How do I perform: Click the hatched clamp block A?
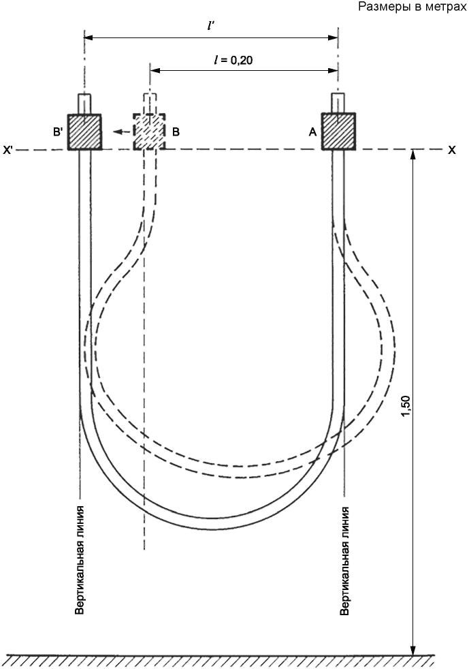click(x=338, y=132)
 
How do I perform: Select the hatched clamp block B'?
click(x=84, y=132)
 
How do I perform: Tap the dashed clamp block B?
click(x=149, y=132)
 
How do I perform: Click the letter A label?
click(x=312, y=133)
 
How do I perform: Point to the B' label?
click(x=58, y=132)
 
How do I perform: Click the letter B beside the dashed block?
click(x=176, y=132)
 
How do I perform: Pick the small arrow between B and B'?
click(x=122, y=132)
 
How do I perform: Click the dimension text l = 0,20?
click(x=233, y=60)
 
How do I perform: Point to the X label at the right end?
click(x=451, y=150)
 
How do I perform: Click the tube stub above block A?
click(x=338, y=104)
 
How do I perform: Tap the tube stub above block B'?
click(x=84, y=104)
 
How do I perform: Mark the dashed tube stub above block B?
click(x=150, y=104)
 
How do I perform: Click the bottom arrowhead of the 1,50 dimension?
click(x=413, y=648)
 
